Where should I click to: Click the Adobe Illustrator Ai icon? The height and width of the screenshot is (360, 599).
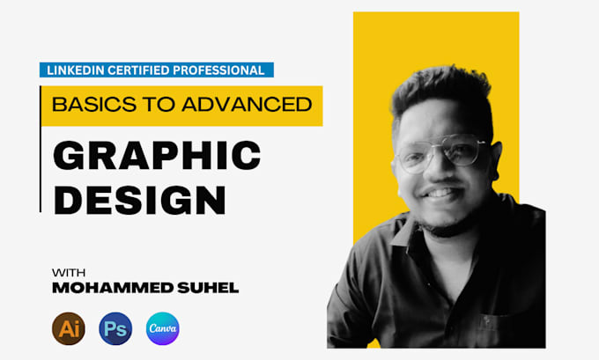pos(68,328)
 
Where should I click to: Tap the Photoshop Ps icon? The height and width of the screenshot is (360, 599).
pos(115,328)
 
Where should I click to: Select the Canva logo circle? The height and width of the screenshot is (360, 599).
pos(163,328)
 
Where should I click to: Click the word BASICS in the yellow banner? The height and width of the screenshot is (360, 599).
pos(87,105)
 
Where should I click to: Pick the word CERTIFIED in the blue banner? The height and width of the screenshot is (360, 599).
pos(141,70)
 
